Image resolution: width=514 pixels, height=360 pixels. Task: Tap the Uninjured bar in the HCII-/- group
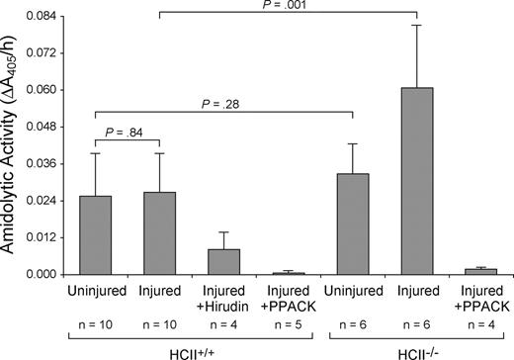point(353,224)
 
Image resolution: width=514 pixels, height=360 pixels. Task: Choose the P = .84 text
point(128,138)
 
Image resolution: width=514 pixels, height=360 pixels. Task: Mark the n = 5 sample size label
point(288,322)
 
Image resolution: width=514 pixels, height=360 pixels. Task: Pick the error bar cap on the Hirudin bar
point(223,232)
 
